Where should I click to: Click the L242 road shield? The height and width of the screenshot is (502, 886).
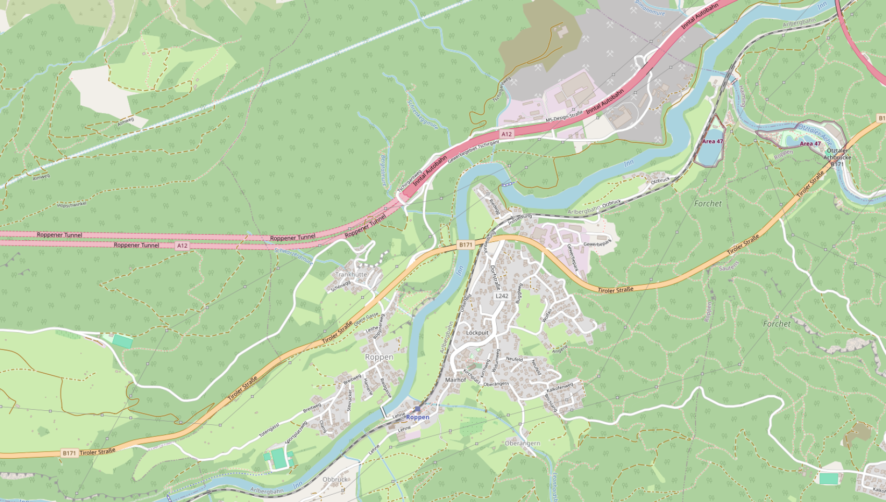pyautogui.click(x=501, y=296)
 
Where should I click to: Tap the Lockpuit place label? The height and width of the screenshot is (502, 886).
pyautogui.click(x=477, y=333)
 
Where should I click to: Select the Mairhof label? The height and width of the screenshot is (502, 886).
pyautogui.click(x=455, y=380)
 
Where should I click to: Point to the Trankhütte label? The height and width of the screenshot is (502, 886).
pyautogui.click(x=351, y=274)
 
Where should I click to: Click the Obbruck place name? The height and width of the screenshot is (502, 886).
pyautogui.click(x=335, y=479)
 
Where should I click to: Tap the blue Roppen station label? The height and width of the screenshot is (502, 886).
pyautogui.click(x=417, y=417)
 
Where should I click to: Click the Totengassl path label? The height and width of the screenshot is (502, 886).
pyautogui.click(x=269, y=431)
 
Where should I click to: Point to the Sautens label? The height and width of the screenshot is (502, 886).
pyautogui.click(x=729, y=267)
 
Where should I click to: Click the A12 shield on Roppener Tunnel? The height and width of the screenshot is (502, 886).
pyautogui.click(x=181, y=246)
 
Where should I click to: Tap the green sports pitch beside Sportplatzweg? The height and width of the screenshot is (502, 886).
pyautogui.click(x=279, y=458)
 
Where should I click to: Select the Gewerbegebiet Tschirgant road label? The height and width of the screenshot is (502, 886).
pyautogui.click(x=473, y=151)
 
